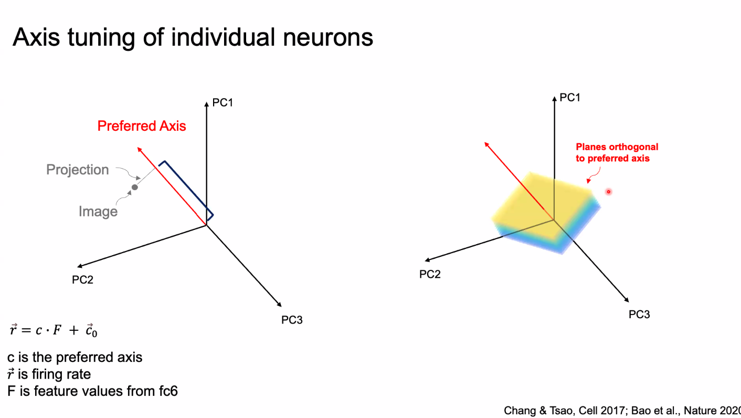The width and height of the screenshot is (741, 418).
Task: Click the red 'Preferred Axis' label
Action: coord(142,126)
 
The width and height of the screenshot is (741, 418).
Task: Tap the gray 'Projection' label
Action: coord(78,170)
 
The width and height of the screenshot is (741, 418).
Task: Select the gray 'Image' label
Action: coord(98,211)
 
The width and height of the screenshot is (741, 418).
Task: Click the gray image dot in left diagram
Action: coord(135,187)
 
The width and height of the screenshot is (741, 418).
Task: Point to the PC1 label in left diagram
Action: coord(223,102)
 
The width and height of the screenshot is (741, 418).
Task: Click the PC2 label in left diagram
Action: coord(82,280)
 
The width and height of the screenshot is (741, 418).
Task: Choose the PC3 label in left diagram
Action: coord(292,320)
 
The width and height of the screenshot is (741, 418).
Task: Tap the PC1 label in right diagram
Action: coord(570,97)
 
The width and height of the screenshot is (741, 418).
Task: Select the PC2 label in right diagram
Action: coord(430,274)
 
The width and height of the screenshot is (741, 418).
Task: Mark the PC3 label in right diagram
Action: coord(639,315)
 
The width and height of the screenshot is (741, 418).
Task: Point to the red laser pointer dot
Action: coord(609,192)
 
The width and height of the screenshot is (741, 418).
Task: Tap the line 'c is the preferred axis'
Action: coord(75,358)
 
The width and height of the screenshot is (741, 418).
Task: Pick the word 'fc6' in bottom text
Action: coord(166,391)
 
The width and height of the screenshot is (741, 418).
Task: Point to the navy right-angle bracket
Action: coord(189,189)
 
